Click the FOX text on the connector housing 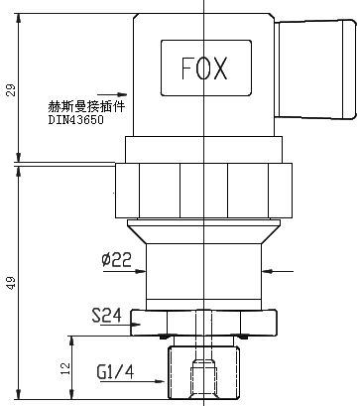click(205, 68)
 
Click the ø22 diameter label click(116, 260)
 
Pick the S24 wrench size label click(106, 317)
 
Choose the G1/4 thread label click(115, 373)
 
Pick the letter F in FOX click(186, 68)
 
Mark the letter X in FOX click(223, 68)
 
